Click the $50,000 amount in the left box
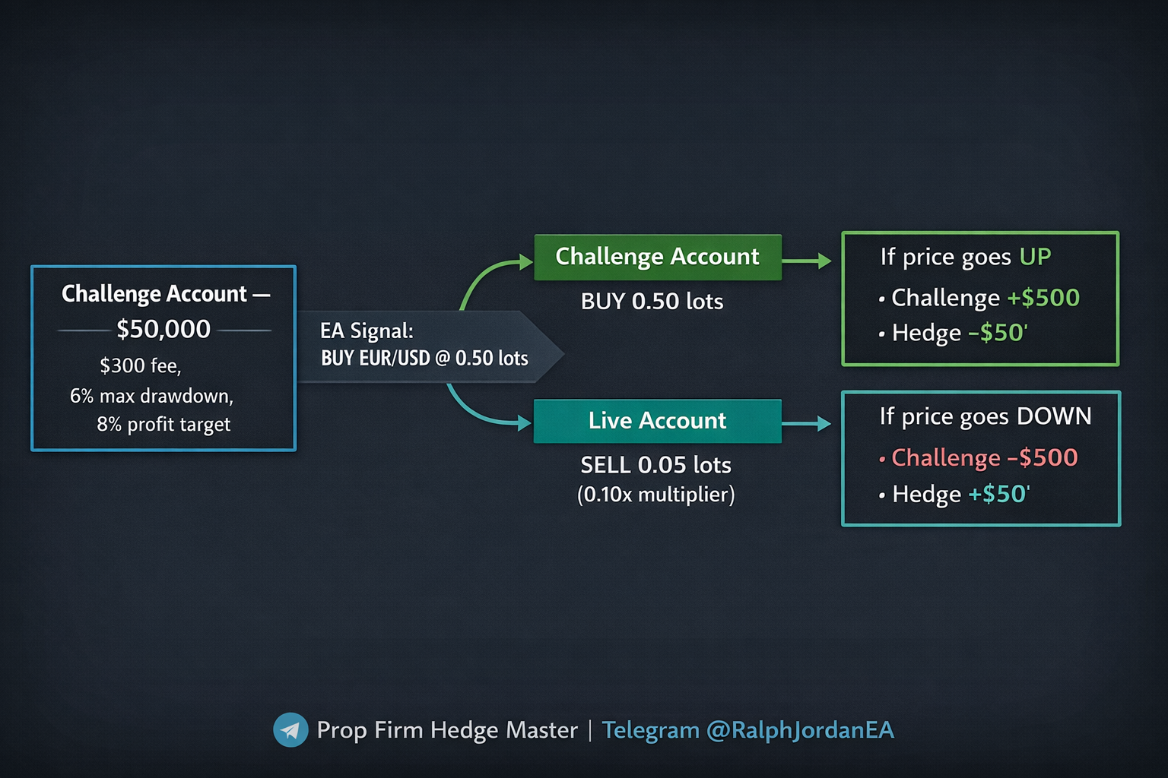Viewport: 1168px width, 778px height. point(163,329)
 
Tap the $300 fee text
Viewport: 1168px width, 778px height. point(141,365)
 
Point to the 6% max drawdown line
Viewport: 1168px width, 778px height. point(151,396)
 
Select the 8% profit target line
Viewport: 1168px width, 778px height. point(163,424)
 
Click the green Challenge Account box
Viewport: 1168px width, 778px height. point(657,257)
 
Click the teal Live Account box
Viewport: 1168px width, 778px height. point(657,421)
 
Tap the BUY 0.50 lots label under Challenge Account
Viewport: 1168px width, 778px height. point(652,302)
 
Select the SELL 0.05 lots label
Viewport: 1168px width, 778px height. point(655,465)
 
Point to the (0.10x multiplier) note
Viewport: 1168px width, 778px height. point(655,495)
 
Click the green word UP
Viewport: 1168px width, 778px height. point(1035,257)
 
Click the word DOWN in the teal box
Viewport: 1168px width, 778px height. point(1054,416)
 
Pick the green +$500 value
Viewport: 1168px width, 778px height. point(1043,298)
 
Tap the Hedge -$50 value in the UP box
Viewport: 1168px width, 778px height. point(998,333)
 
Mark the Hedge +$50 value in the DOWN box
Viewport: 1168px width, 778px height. point(998,495)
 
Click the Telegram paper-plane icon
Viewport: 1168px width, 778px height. point(290,730)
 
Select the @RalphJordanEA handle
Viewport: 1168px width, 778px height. point(800,730)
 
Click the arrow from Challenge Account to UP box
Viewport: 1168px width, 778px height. point(807,261)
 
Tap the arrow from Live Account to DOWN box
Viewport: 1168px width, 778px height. point(807,423)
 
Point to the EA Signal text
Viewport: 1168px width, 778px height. point(367,331)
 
